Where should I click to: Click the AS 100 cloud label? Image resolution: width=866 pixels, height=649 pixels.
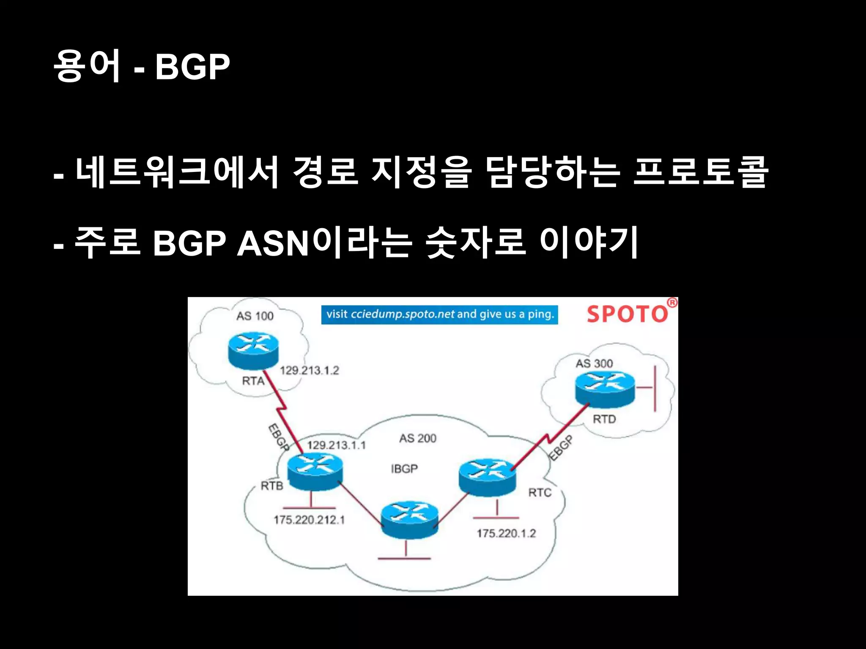pos(255,316)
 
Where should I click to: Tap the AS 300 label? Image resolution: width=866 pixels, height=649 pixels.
pos(594,363)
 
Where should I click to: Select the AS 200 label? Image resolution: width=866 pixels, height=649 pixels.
pos(418,438)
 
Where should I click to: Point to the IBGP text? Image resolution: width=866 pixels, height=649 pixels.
pos(404,469)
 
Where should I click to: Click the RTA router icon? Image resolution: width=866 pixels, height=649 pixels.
pos(253,350)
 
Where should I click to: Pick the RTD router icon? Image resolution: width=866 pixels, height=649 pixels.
pos(605,389)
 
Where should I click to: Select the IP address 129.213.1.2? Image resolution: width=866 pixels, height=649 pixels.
pos(310,371)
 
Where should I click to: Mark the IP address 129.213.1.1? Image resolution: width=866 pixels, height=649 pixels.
pos(336,445)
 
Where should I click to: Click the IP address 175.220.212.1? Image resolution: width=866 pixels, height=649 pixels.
pos(309,520)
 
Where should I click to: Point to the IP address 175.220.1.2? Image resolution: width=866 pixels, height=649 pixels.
pos(506,533)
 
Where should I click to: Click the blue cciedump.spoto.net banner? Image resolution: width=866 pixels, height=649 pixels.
pos(439,315)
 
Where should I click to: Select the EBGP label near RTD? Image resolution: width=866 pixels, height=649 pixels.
pos(562,447)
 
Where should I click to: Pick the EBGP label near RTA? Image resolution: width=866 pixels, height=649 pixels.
pos(279,437)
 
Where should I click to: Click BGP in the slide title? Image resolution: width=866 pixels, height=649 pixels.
pos(192,66)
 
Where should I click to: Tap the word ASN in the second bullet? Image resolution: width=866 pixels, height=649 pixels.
pos(273,244)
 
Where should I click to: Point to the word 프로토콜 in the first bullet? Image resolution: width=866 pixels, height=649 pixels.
pos(700,172)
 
